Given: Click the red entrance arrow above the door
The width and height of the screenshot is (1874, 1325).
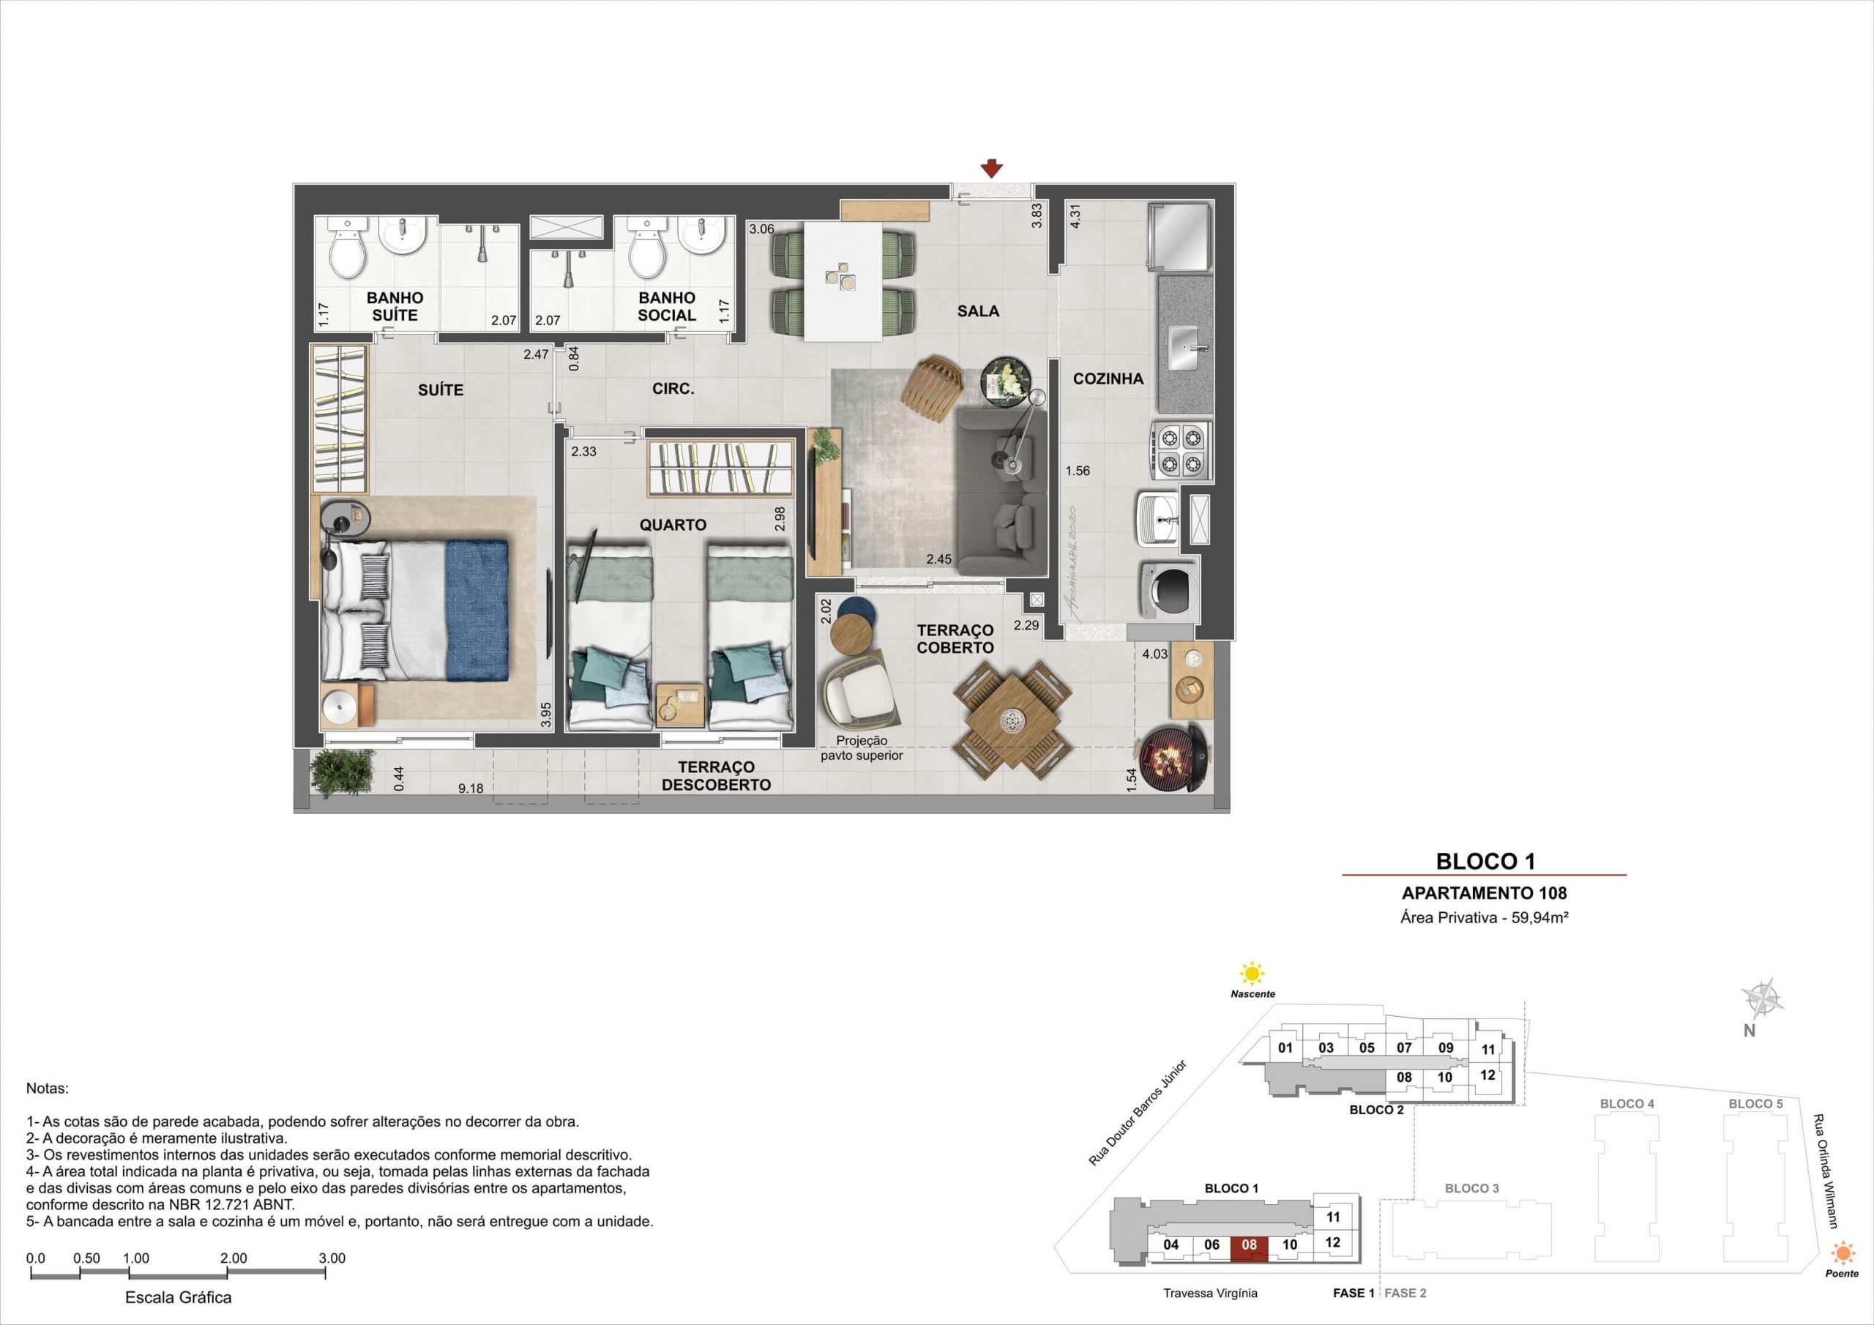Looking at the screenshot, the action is [x=992, y=168].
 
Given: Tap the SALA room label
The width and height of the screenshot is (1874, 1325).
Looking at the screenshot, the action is [x=978, y=311].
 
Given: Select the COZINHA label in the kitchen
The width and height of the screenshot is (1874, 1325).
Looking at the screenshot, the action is [x=1108, y=378].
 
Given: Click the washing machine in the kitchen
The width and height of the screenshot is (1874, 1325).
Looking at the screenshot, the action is [x=1169, y=589].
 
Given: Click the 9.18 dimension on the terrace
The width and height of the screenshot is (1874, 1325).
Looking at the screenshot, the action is [x=470, y=788].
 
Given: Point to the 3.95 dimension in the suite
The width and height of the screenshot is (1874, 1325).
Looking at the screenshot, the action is [x=546, y=714].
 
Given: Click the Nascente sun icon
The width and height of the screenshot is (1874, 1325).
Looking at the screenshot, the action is [x=1250, y=974].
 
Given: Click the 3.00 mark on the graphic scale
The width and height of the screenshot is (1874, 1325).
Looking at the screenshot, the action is [x=332, y=1258].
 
